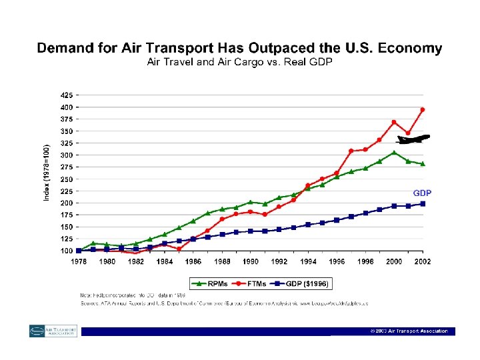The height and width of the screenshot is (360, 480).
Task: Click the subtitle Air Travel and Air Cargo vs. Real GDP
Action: [239, 62]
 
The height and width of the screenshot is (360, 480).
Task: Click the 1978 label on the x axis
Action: [78, 261]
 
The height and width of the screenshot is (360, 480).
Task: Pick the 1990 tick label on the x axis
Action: [250, 261]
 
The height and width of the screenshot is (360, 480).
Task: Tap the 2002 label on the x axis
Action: [422, 261]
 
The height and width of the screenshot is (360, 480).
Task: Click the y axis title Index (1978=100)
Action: [47, 172]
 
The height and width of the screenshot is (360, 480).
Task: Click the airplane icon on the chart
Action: [413, 139]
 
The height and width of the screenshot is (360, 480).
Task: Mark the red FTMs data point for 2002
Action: [423, 109]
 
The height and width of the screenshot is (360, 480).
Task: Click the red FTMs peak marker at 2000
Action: [394, 122]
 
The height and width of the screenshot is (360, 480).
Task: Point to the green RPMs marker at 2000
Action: [394, 153]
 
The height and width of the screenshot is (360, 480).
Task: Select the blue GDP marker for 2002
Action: [423, 204]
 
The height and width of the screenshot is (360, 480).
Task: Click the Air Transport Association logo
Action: [53, 331]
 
